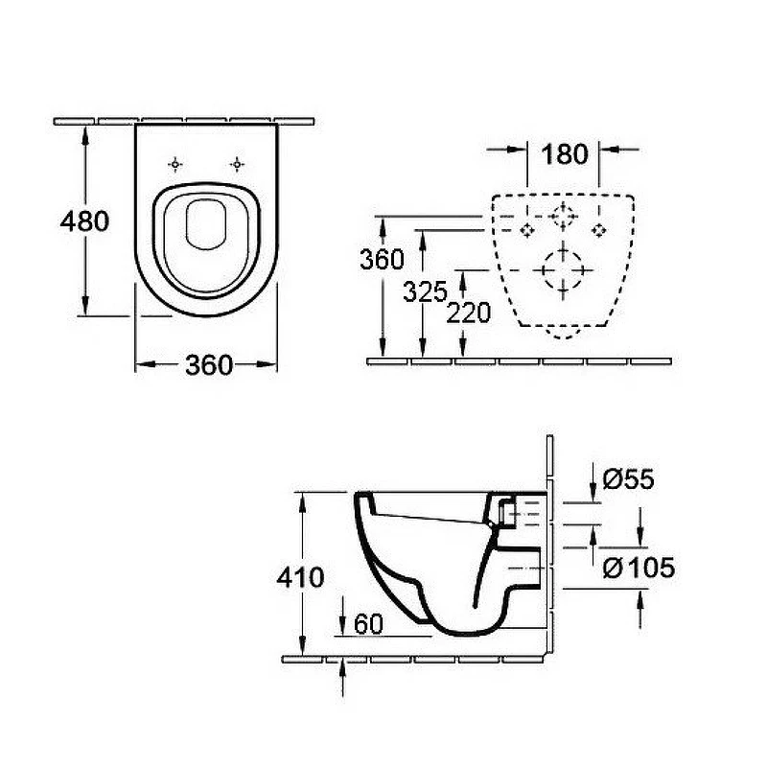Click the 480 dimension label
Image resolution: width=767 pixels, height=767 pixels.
tap(84, 221)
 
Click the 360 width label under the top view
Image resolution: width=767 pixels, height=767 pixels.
tap(209, 365)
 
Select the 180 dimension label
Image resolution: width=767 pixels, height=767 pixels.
tap(565, 154)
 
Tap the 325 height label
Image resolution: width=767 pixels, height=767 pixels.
tap(425, 292)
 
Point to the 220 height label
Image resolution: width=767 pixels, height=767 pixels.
tap(468, 314)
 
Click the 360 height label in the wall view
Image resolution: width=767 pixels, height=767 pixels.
tap(382, 259)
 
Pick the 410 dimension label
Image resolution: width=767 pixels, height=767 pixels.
tap(300, 578)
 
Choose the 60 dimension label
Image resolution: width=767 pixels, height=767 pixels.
tap(368, 624)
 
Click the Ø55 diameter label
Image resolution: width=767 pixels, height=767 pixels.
tap(628, 478)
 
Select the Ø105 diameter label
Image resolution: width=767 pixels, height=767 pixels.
tap(639, 568)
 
